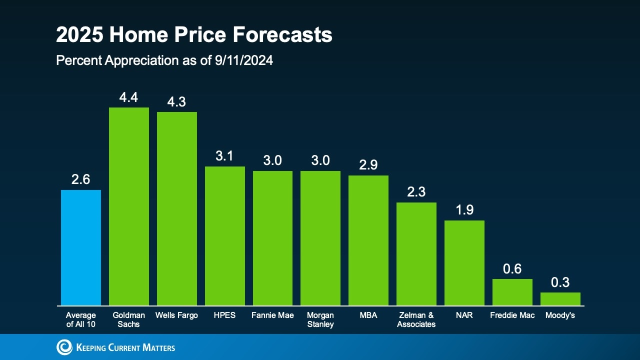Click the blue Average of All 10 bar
(81, 247)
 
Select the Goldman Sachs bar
(129, 206)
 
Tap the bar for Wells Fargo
(177, 208)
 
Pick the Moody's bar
(560, 299)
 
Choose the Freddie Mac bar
(512, 292)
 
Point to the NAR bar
(464, 263)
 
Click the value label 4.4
(128, 97)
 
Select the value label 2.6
(80, 179)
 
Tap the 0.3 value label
(560, 282)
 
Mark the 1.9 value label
(464, 210)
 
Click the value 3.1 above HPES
(224, 156)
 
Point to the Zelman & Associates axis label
(416, 320)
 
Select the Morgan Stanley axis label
(320, 320)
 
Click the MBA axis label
(368, 315)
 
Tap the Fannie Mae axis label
(272, 315)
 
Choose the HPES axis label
(224, 315)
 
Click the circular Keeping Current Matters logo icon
(64, 347)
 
